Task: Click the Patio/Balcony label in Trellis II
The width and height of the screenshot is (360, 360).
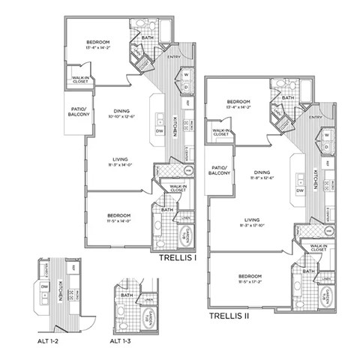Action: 219,169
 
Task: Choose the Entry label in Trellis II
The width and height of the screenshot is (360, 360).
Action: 315,116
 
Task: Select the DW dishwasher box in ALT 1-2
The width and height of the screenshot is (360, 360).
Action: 44,286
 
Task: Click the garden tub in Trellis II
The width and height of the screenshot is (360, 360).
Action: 326,297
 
